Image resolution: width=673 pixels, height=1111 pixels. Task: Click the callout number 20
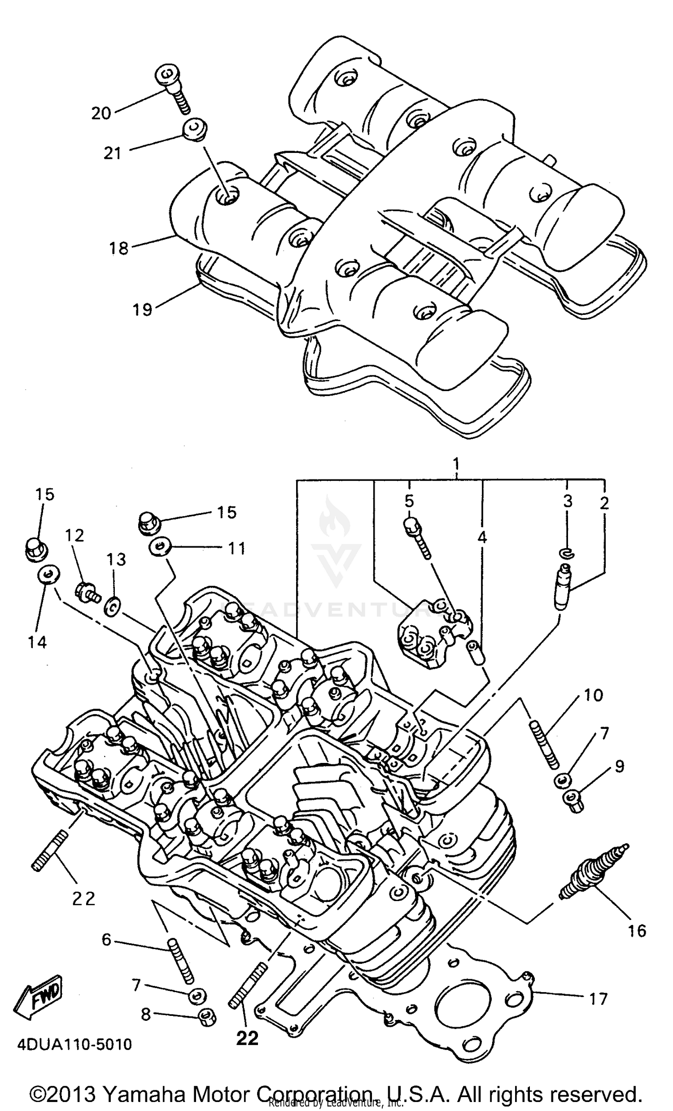(101, 113)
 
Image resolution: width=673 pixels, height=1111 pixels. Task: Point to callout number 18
(118, 248)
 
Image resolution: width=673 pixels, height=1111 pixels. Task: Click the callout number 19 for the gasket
(142, 309)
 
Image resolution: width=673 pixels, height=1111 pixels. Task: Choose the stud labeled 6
(180, 961)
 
